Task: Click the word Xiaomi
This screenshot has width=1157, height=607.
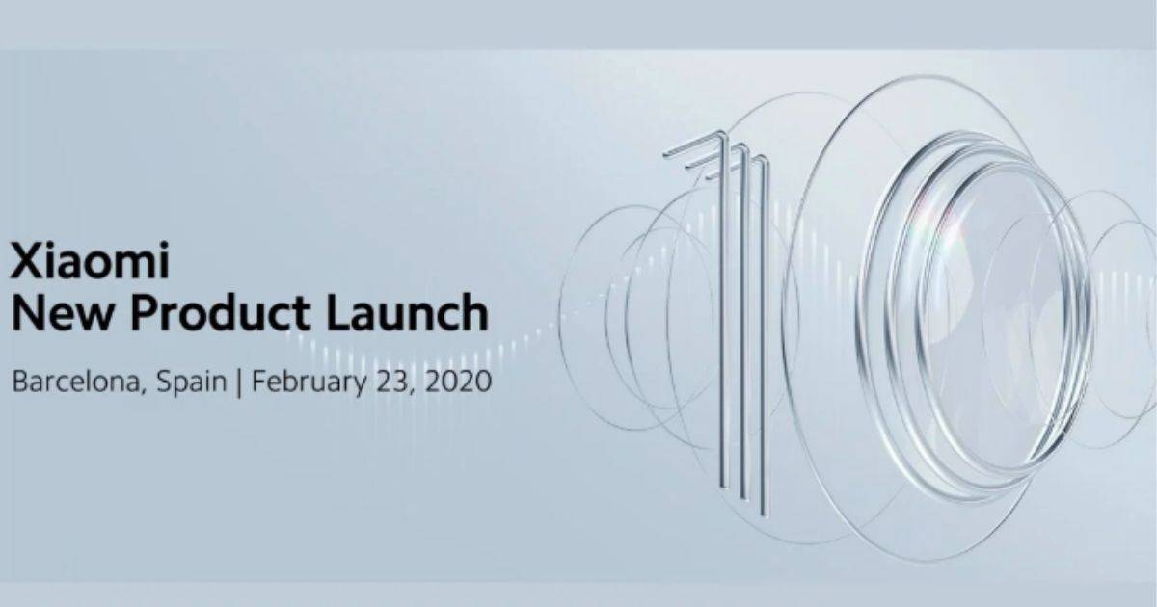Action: pos(91,260)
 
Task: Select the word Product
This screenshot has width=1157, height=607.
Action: pos(221,313)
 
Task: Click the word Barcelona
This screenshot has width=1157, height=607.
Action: pos(76,383)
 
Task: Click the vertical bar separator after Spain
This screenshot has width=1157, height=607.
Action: pos(239,384)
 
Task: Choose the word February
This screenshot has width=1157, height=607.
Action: pos(309,384)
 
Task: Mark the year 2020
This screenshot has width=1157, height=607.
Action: pos(459,383)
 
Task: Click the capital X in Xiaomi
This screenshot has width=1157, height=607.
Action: pos(26,260)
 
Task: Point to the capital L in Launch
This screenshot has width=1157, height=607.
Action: pos(339,312)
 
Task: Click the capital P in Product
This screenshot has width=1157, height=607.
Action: pos(146,312)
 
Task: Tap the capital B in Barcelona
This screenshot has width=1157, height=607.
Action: pos(20,382)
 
